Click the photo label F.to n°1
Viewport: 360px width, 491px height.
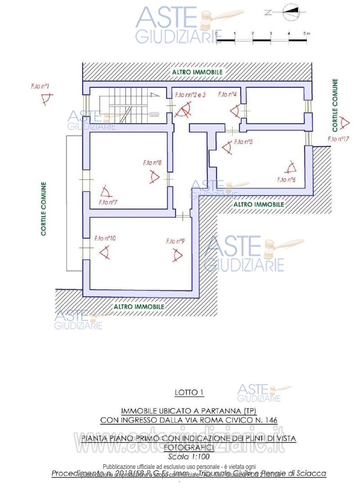[x=40, y=85]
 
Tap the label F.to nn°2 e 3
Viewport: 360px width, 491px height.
[x=190, y=95]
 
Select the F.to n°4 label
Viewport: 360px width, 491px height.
[x=228, y=94]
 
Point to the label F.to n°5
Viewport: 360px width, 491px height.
[x=243, y=142]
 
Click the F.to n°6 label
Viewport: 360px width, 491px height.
[x=286, y=179]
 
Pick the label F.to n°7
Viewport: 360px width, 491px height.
[x=108, y=202]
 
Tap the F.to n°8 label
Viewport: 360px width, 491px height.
[x=153, y=163]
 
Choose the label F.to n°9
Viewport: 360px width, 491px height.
[x=175, y=241]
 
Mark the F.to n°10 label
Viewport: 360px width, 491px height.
[x=105, y=238]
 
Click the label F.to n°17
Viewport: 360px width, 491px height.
[x=339, y=139]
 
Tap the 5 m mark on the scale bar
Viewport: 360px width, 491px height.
[x=306, y=34]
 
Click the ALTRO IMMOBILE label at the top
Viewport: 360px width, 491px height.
[x=197, y=72]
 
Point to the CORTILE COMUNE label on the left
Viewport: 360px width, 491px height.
[x=44, y=209]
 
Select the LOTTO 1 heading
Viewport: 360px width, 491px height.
[x=189, y=393]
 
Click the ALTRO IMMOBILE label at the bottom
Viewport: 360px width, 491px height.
[x=139, y=306]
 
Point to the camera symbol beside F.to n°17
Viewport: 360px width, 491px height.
[x=345, y=122]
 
